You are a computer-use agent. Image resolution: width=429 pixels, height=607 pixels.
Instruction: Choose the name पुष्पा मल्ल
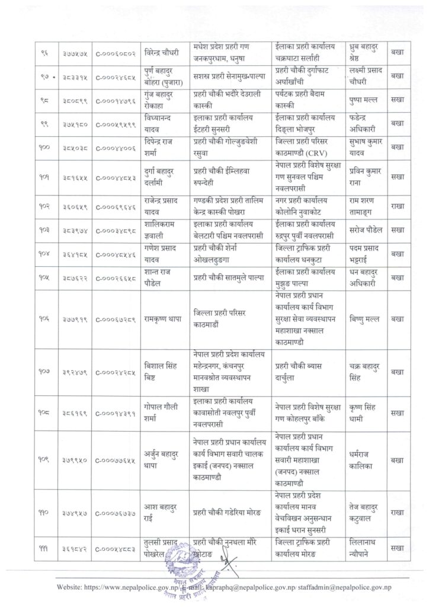[x=363, y=101]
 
